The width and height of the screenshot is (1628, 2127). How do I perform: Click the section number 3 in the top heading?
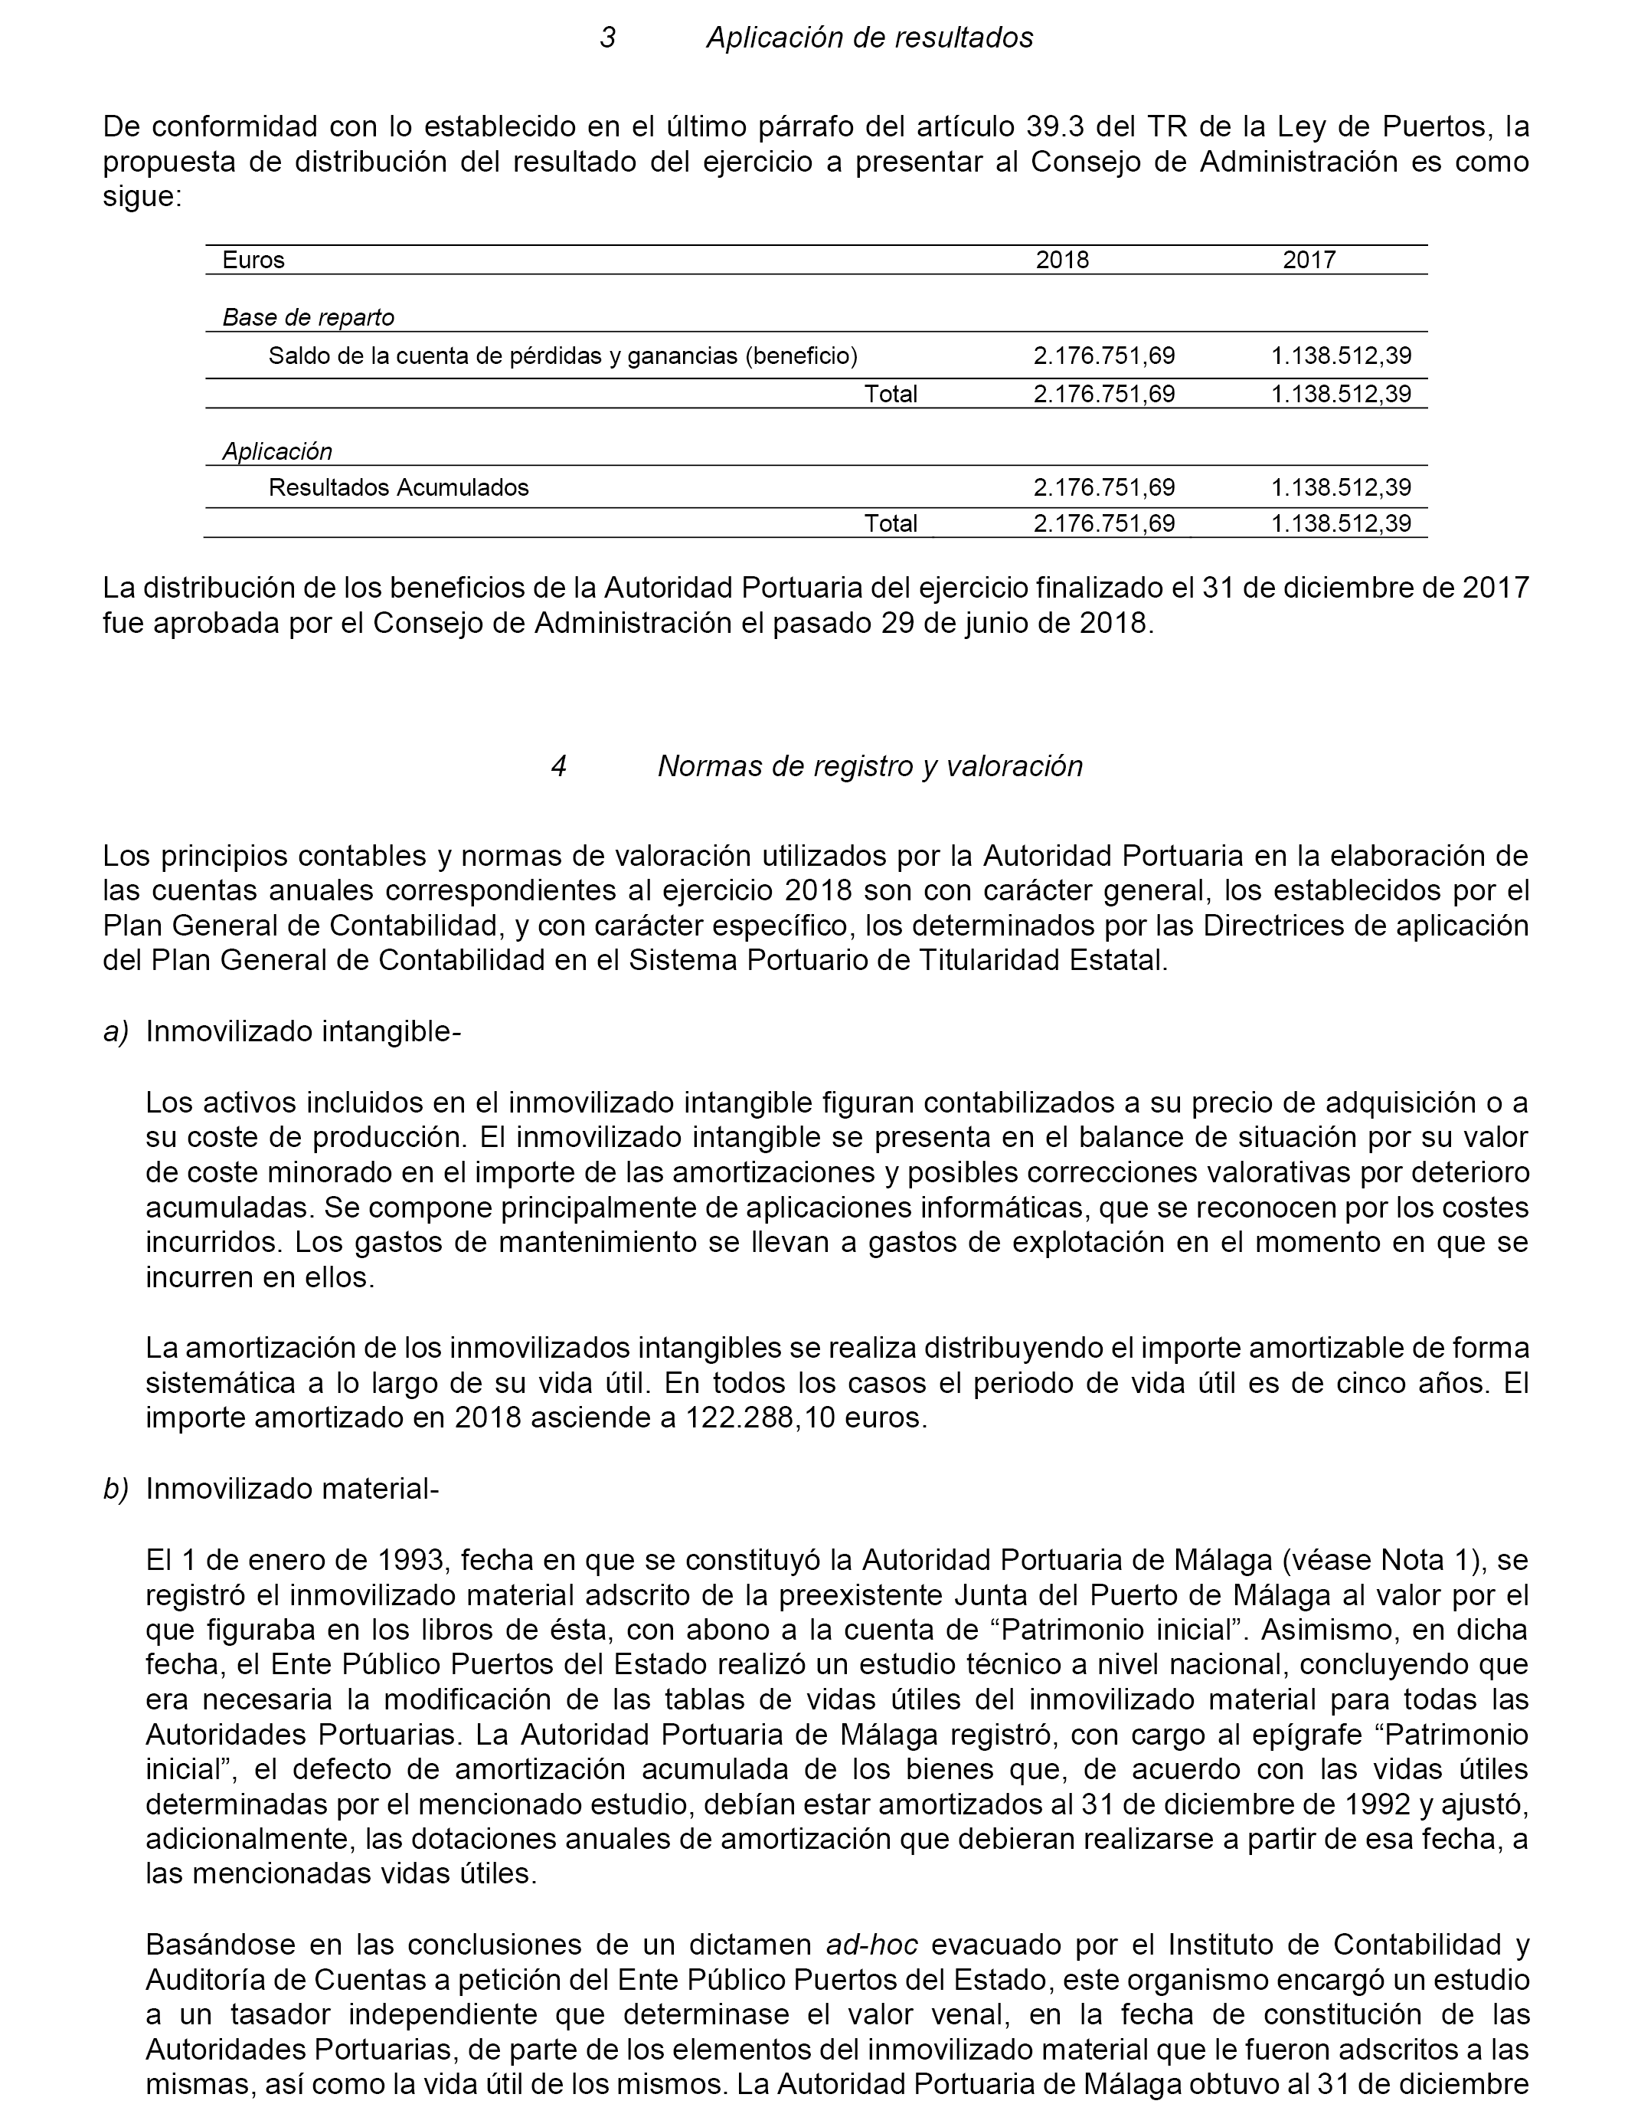click(x=607, y=38)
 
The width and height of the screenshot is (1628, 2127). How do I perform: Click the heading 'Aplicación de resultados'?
click(x=869, y=38)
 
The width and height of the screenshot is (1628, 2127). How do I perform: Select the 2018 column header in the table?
click(x=1062, y=260)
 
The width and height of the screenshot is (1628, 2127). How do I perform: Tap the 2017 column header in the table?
click(x=1309, y=260)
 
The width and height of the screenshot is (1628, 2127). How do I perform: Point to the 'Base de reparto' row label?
click(x=308, y=317)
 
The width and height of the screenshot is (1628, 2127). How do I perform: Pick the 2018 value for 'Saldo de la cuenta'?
click(x=1103, y=356)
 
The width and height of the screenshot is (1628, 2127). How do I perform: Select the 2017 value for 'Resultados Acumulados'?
click(x=1341, y=487)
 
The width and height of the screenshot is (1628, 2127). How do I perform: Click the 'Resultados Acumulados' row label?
click(x=398, y=487)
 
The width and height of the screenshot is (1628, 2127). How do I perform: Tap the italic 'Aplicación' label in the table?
click(x=277, y=451)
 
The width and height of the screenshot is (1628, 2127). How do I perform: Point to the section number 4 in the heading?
click(x=558, y=766)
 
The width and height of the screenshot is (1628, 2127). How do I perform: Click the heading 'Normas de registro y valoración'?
click(x=869, y=766)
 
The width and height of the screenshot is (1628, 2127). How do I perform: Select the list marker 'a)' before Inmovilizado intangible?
click(x=116, y=1031)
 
